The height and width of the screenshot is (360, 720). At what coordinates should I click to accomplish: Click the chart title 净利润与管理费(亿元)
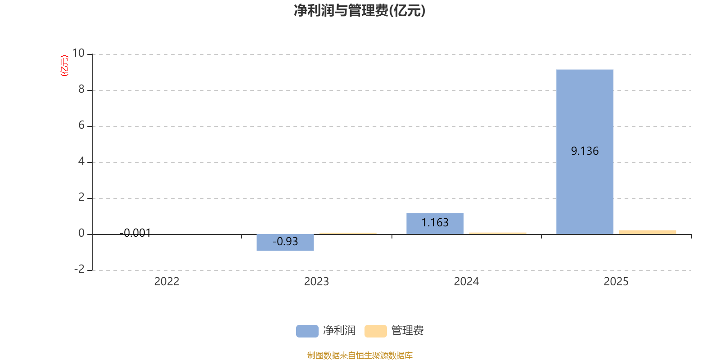click(x=360, y=11)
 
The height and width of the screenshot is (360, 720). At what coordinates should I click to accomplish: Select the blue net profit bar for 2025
click(x=585, y=152)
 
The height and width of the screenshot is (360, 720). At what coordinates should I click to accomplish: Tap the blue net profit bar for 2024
click(x=435, y=224)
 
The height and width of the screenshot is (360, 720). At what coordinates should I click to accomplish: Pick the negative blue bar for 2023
click(x=285, y=243)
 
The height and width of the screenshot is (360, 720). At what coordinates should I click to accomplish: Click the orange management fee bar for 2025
click(x=648, y=232)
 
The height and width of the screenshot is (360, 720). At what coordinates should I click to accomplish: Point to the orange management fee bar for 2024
click(x=498, y=234)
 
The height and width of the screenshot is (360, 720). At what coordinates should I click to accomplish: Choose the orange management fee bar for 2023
click(x=348, y=234)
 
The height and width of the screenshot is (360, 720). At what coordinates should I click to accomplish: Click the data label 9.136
click(x=585, y=151)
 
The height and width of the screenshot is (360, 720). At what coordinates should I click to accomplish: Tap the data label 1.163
click(x=435, y=222)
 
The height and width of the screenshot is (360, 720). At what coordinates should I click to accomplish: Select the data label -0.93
click(x=285, y=241)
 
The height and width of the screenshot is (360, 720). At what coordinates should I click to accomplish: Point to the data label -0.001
click(x=135, y=233)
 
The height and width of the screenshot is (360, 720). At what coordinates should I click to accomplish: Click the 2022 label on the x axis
click(x=167, y=282)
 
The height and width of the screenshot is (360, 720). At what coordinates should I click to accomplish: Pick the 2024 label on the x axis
click(x=466, y=282)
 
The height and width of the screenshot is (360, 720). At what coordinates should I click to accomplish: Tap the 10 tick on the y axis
click(x=78, y=53)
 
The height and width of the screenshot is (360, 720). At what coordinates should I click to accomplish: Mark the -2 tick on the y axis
click(x=79, y=269)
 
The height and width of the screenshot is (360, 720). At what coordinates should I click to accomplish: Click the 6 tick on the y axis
click(x=81, y=125)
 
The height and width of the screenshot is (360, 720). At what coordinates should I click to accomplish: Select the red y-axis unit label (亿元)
click(x=64, y=66)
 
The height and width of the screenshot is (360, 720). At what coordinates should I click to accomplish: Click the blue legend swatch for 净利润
click(x=307, y=331)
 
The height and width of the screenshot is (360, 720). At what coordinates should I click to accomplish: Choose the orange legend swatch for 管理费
click(x=376, y=331)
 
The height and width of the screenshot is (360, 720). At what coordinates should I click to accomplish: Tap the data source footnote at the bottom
click(x=360, y=355)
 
